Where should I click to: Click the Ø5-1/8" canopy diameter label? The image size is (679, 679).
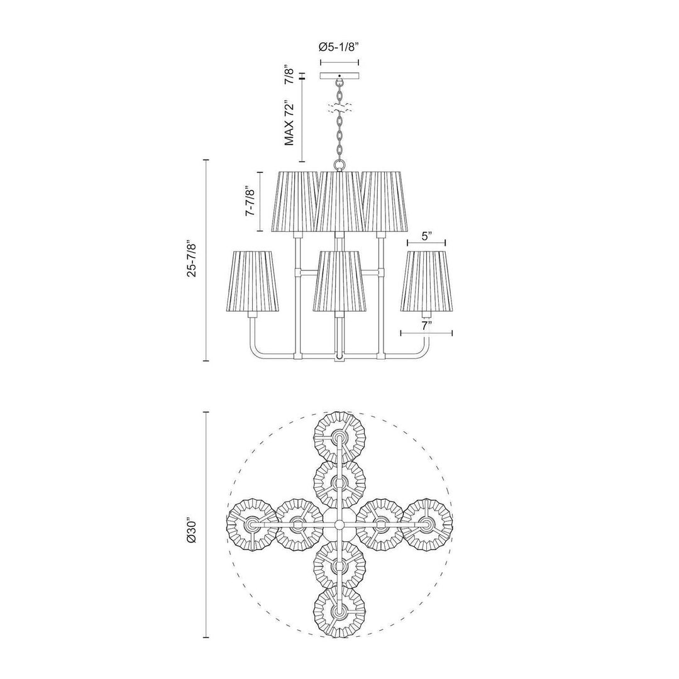pyautogui.click(x=339, y=47)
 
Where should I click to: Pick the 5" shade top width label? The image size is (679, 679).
pyautogui.click(x=427, y=236)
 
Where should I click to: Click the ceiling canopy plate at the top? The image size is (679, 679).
pyautogui.click(x=339, y=75)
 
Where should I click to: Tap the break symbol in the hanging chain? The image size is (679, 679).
pyautogui.click(x=339, y=108)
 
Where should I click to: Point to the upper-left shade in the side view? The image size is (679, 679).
pyautogui.click(x=295, y=201)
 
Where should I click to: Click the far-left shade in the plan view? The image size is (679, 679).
pyautogui.click(x=252, y=524)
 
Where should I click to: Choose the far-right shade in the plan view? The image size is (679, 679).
pyautogui.click(x=427, y=524)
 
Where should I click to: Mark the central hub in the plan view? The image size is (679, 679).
pyautogui.click(x=339, y=524)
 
